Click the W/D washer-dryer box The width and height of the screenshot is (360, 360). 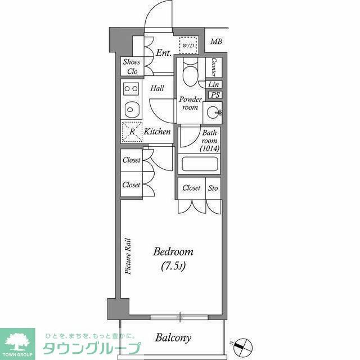coord(188,44)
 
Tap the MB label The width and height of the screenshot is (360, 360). coord(217,41)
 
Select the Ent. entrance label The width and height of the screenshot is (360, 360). coord(164,53)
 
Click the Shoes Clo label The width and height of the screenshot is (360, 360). coord(133,66)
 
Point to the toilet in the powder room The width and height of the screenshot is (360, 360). coord(190,73)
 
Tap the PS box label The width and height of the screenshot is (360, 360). coord(215,95)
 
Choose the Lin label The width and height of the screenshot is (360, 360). coord(214,84)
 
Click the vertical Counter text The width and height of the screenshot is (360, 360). coord(214,67)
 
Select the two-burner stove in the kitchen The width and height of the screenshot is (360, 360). coord(132,88)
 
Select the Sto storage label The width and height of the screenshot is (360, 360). coord(214,188)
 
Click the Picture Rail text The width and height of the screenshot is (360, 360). coord(128,256)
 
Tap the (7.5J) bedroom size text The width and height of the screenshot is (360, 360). coord(173,265)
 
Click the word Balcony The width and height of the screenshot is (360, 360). coord(173,338)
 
